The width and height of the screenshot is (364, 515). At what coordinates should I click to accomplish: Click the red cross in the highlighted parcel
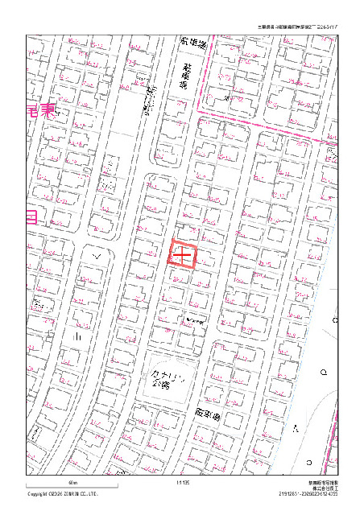pos(183,255)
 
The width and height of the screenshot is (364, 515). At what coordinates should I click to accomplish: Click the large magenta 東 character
pos(48,111)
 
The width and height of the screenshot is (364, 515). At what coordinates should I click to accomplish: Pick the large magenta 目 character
pos(31,216)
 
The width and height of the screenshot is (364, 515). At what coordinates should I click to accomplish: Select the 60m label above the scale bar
pos(72,481)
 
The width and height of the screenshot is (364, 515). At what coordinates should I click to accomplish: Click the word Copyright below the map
pos(38,494)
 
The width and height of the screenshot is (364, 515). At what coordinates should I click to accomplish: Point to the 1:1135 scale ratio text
pos(182,482)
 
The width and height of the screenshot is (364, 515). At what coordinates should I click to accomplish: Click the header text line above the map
pos(297,27)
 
